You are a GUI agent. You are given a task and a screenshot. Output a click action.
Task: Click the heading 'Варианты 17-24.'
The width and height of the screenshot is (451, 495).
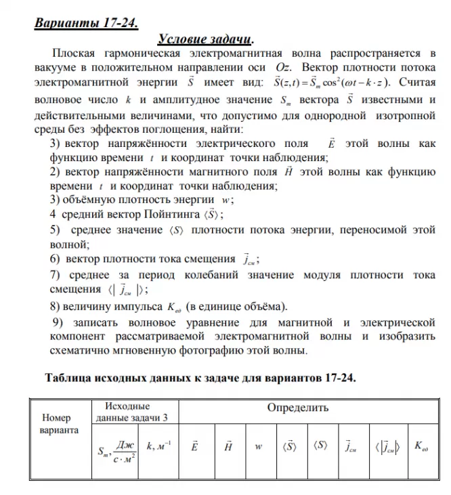pos(86,22)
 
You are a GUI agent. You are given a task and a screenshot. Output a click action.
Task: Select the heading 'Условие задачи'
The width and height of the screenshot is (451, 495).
pos(205,39)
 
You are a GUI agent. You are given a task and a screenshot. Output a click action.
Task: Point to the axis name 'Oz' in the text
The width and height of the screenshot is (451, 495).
pos(282,68)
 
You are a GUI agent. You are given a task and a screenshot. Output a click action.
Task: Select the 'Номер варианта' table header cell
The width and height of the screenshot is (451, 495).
pos(60,423)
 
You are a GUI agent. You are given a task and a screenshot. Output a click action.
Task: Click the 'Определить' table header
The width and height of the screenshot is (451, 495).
pos(297,408)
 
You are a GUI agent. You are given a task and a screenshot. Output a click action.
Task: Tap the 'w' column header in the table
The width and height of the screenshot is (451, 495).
pos(259,447)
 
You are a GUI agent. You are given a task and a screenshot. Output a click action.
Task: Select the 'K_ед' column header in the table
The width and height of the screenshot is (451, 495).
pos(421,447)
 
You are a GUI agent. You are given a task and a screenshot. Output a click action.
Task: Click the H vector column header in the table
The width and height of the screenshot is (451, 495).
pos(228,447)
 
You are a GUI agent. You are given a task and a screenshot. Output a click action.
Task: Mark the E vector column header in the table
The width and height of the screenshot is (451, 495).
pos(195,447)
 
